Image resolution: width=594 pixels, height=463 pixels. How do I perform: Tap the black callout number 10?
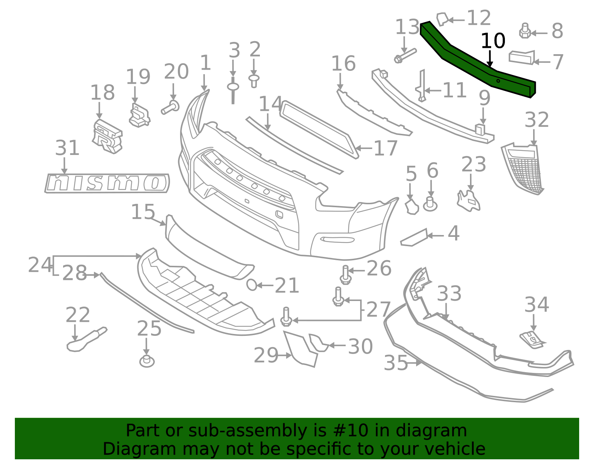[493, 41]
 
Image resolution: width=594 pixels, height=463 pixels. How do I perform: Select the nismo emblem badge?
[107, 183]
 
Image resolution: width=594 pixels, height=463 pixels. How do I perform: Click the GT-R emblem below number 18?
[107, 136]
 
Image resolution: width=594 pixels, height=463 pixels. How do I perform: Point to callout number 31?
[67, 148]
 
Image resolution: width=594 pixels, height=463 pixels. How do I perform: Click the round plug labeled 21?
[252, 285]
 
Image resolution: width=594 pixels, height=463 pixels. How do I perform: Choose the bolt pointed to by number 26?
[346, 275]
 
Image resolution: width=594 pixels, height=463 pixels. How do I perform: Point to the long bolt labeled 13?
[405, 56]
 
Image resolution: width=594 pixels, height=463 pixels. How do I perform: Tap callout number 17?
[385, 148]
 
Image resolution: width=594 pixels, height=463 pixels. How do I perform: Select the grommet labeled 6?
[430, 204]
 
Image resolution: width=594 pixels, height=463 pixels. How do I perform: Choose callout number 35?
[396, 363]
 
